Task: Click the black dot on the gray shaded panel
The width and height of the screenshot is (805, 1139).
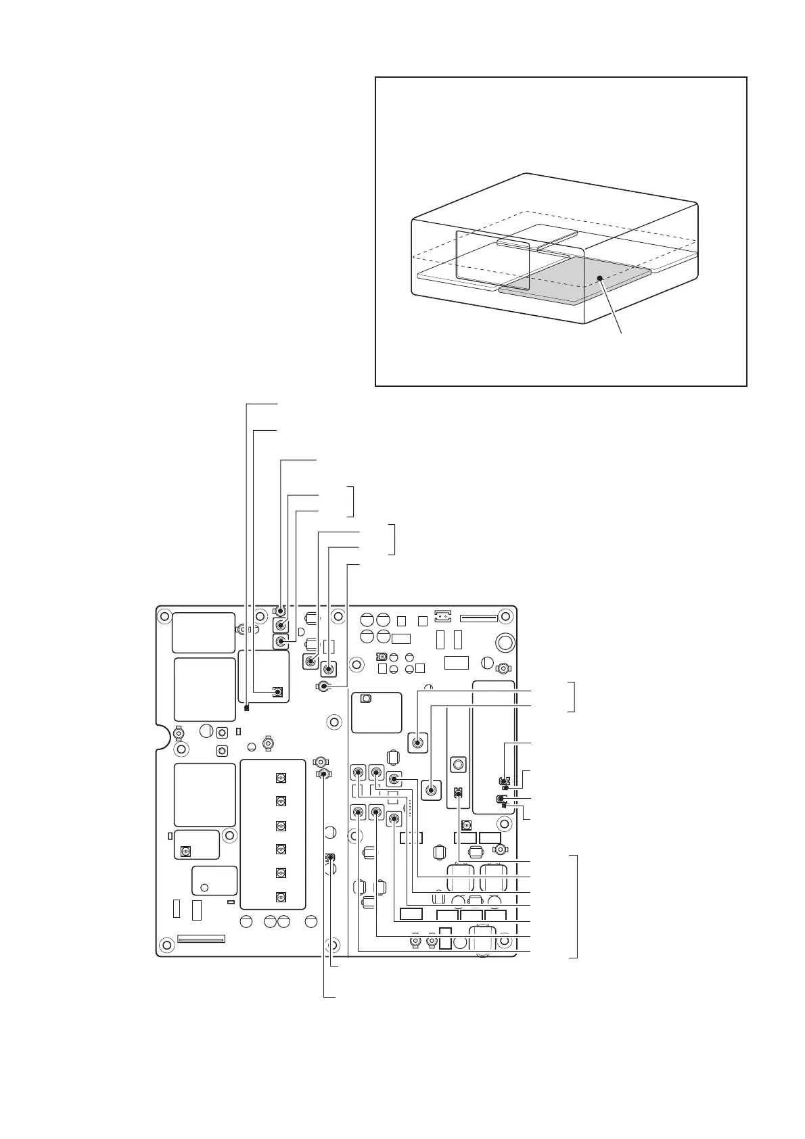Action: (x=599, y=277)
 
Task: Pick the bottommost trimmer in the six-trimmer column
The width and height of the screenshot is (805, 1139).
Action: (x=279, y=897)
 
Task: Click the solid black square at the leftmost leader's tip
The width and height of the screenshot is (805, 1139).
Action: (x=246, y=708)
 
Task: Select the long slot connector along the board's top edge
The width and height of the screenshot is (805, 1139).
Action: (x=478, y=618)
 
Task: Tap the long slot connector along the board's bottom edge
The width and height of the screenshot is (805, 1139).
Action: (x=200, y=939)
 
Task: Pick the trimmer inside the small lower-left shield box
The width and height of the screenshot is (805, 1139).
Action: (x=185, y=851)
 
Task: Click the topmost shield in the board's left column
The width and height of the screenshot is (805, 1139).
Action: (x=203, y=632)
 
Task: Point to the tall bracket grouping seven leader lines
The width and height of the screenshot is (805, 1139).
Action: (x=576, y=906)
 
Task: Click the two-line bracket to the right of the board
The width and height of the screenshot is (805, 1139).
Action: (x=574, y=697)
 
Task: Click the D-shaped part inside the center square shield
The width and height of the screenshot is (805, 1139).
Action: (x=366, y=699)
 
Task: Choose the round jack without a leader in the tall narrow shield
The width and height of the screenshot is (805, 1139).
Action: (x=458, y=764)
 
